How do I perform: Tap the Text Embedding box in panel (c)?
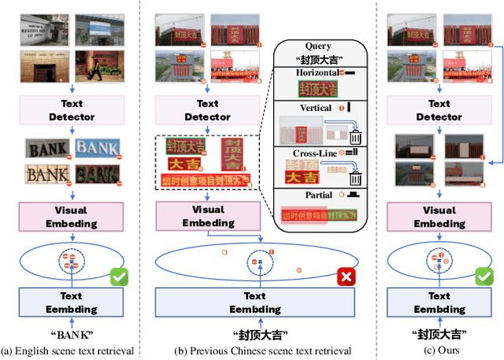[x=439, y=302]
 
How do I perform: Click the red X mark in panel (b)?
[x=344, y=276]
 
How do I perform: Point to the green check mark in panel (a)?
[x=120, y=276]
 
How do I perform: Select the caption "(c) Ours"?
[x=439, y=351]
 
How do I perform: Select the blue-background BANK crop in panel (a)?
[x=98, y=147]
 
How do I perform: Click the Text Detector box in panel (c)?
[x=439, y=109]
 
